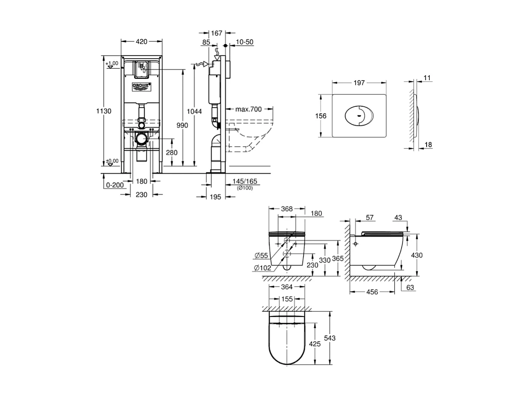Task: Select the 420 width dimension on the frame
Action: (x=141, y=42)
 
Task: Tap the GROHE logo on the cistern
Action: (x=141, y=86)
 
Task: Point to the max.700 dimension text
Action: (x=248, y=109)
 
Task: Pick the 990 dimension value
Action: (x=182, y=126)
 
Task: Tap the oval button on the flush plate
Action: (x=359, y=116)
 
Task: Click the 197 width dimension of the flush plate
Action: (x=359, y=83)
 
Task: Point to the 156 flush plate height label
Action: (x=321, y=116)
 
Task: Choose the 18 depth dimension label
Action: (x=428, y=144)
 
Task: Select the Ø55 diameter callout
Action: (x=262, y=256)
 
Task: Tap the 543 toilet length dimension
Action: (x=330, y=338)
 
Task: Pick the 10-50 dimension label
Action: (x=244, y=42)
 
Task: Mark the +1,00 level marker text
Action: (x=112, y=63)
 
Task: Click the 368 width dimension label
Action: (x=286, y=209)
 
